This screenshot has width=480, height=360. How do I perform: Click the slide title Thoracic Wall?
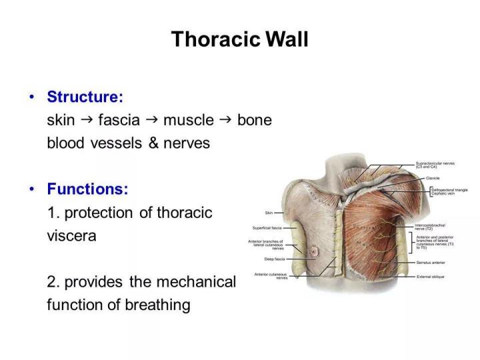(239, 39)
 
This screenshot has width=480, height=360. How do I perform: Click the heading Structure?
(85, 97)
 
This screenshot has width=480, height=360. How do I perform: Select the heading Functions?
(87, 189)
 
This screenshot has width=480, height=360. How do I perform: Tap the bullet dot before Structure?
(31, 97)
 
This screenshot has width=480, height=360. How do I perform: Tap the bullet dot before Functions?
(31, 189)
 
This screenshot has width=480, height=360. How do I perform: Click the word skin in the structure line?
(61, 120)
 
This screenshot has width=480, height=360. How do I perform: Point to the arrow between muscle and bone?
(225, 119)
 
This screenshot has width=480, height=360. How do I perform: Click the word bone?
(255, 120)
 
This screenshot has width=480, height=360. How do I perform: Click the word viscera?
(71, 236)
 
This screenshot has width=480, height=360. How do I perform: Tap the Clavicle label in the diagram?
(423, 178)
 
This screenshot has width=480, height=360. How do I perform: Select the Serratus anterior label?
(431, 263)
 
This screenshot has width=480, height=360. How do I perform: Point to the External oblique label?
(430, 275)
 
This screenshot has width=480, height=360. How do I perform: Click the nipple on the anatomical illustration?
(311, 251)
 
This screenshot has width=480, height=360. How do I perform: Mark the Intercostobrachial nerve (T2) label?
(430, 227)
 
